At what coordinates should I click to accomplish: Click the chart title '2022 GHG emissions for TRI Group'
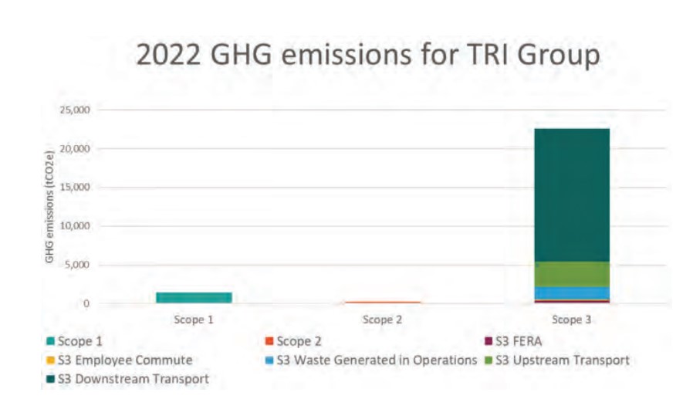[367, 56]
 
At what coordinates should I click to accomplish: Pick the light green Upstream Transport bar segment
[571, 274]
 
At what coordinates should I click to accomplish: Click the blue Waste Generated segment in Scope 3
[571, 293]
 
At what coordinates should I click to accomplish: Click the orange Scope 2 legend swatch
[269, 340]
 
